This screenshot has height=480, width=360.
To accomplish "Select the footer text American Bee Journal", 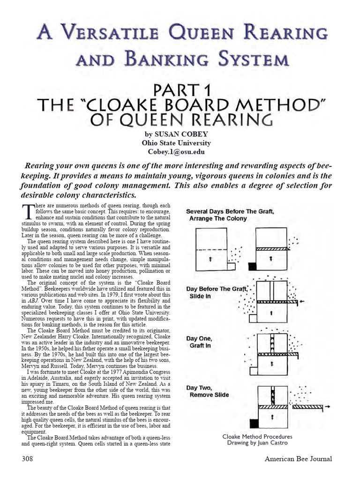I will pos(298,458).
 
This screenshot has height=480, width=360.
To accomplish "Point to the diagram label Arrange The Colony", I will pos(218,218).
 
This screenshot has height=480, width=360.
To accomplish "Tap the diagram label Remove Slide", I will pos(209,395).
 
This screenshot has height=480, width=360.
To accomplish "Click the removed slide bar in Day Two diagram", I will pos(307,408).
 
